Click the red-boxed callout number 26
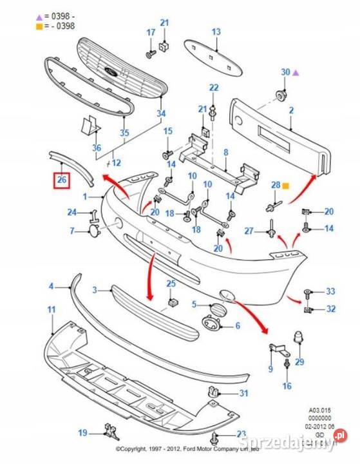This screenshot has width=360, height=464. pos(62,180)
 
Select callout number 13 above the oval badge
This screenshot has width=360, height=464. pos(216,32)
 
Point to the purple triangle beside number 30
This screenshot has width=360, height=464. pos(296,73)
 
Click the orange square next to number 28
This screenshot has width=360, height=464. pos(285,186)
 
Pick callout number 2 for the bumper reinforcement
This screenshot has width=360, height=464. pos(291,111)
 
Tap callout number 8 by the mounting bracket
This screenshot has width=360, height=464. pos(226,153)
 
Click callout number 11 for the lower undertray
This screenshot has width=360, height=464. pos(52,310)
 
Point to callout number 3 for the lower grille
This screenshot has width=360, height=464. pos(94,291)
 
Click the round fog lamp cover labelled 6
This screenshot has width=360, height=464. pos(211,326)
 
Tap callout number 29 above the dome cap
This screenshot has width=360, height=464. pos(299,362)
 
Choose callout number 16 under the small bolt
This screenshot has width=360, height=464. pos(287,386)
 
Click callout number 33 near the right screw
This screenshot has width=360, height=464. pos(330,292)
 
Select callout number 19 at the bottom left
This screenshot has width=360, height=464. pos(82,432)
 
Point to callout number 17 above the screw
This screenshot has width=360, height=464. pos(151,32)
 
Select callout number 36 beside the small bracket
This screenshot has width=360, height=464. pos(97,148)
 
